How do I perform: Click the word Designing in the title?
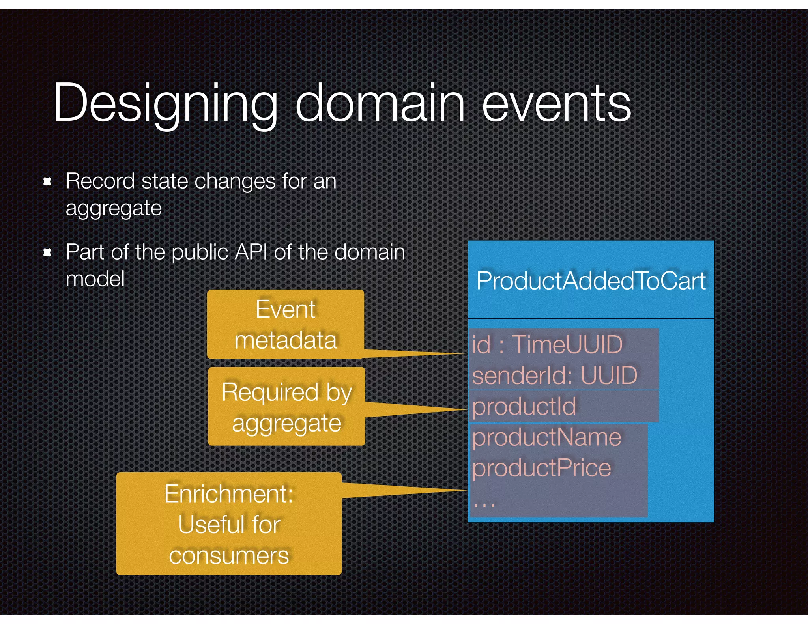point(165,103)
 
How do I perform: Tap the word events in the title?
point(556,103)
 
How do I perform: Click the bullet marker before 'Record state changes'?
point(47,182)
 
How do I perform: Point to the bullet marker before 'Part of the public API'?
point(47,252)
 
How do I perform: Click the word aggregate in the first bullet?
point(114,208)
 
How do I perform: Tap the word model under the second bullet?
point(95,279)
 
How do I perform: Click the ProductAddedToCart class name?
point(591,281)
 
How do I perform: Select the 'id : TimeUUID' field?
point(547,344)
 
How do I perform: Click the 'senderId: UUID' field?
point(554,375)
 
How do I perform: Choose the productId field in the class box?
point(524,406)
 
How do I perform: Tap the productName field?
point(546,437)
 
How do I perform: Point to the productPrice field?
point(541,468)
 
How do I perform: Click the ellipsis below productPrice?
point(484,504)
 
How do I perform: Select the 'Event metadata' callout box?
point(285,324)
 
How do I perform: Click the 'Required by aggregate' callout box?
point(286,407)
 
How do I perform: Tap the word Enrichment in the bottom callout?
point(229,493)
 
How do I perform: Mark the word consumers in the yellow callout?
point(229,556)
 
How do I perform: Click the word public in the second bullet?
point(200,252)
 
